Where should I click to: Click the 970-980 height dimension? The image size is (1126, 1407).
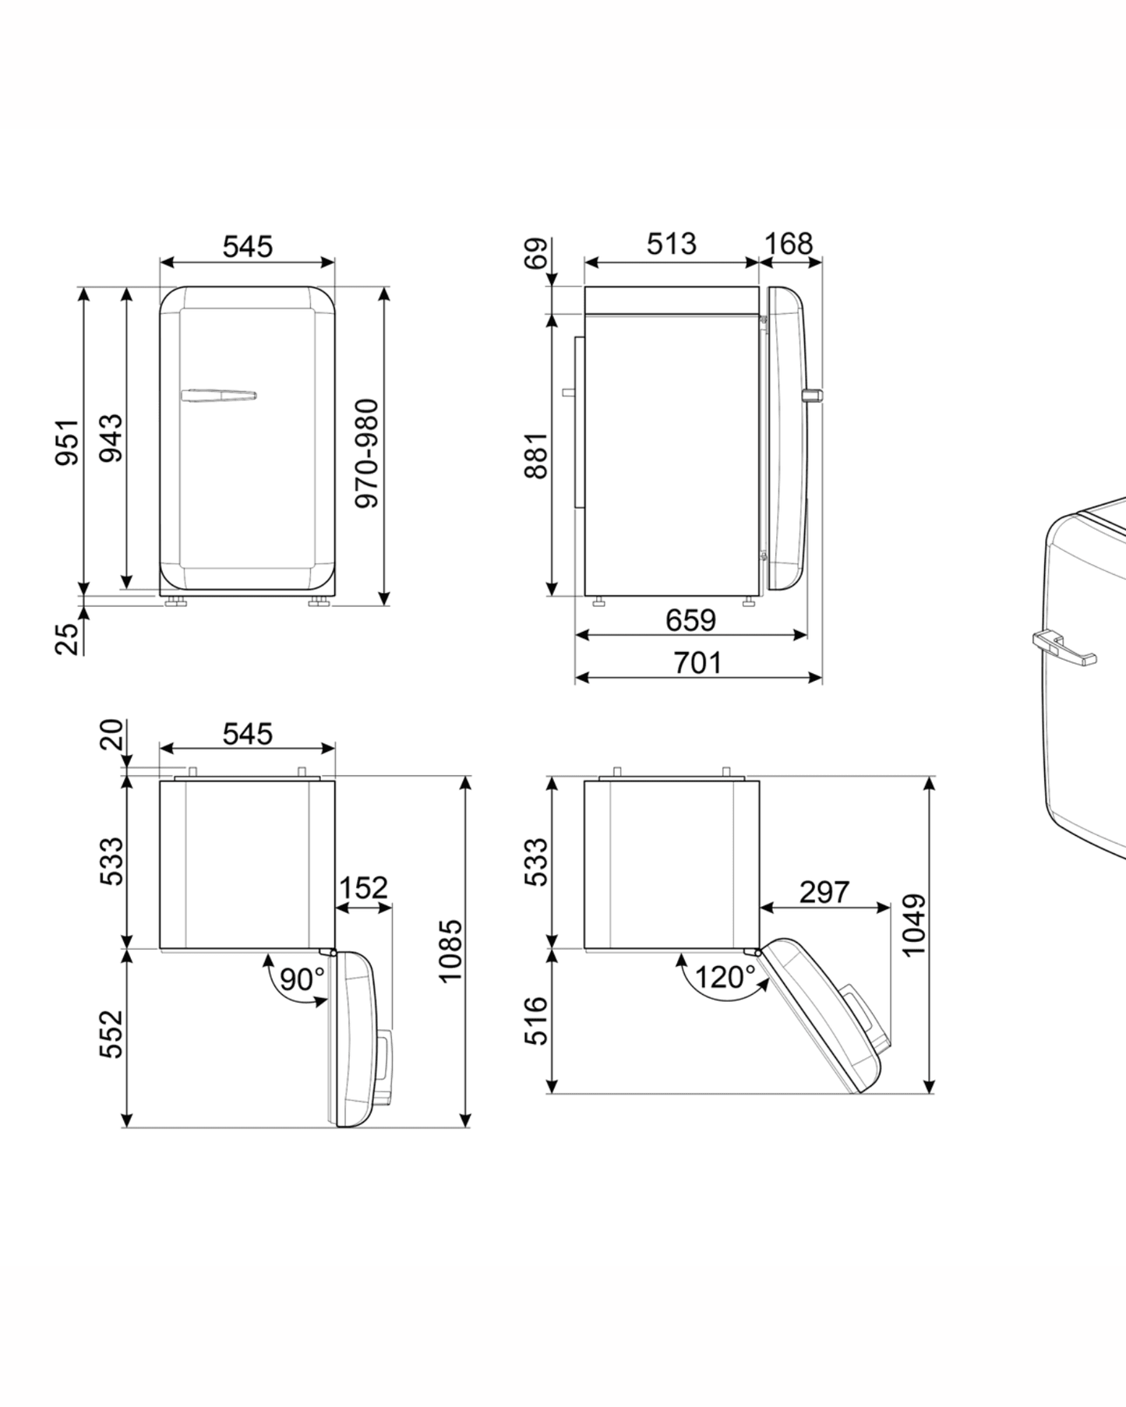(366, 453)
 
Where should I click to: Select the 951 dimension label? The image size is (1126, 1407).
(67, 442)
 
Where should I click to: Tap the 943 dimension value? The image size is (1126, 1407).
(111, 438)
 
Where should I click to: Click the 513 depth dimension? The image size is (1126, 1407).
(671, 244)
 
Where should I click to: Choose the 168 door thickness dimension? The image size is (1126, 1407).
(789, 244)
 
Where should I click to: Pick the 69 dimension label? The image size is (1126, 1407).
(536, 254)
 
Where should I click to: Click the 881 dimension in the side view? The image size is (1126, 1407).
(536, 455)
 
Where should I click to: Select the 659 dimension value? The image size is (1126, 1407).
(690, 620)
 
